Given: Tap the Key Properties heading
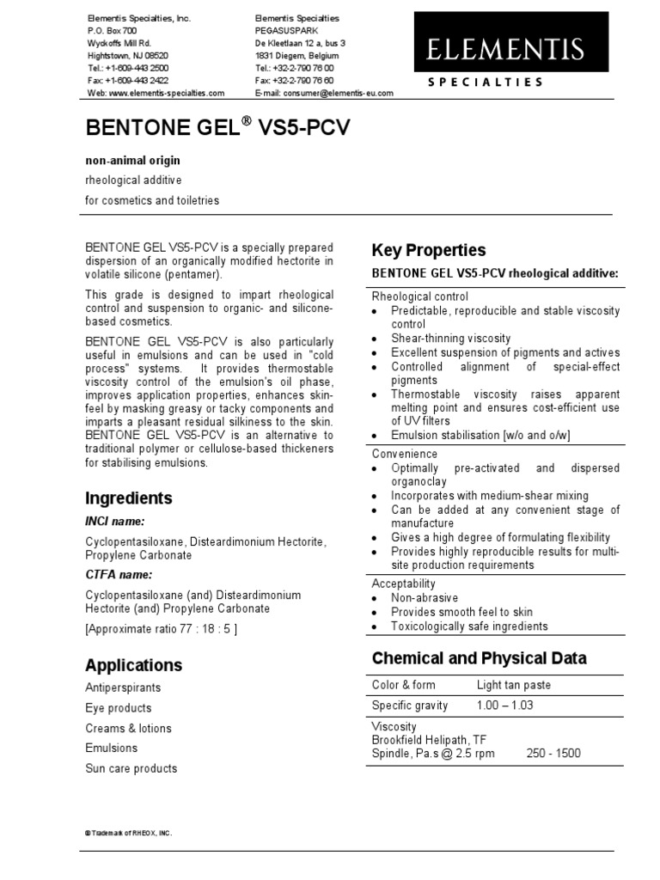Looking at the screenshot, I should (428, 250).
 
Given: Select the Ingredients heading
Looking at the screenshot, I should (128, 498).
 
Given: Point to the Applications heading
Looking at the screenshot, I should (133, 665).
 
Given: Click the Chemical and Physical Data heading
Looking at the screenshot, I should (479, 659).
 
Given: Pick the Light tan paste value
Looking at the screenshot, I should (514, 685).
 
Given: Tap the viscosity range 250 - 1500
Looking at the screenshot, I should (553, 754).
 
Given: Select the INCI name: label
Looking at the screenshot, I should (114, 522).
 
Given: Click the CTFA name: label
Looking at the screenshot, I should (118, 575).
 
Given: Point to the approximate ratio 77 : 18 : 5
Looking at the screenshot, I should (161, 628).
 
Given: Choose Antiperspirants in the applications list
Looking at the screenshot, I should (123, 687).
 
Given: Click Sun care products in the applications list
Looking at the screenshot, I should (131, 768).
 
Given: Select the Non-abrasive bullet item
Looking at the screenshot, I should (425, 598).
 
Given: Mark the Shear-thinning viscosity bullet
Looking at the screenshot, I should (450, 339).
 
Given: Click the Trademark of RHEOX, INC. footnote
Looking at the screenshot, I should (128, 834).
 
